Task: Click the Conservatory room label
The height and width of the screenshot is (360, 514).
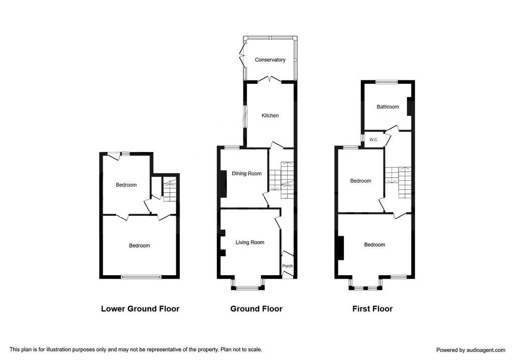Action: pos(270,60)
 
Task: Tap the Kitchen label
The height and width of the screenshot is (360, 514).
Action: pos(270,115)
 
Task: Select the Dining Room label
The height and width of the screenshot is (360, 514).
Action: pos(246,174)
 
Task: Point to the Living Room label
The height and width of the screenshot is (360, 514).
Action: pos(250,243)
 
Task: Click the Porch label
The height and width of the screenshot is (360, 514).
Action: pos(288,266)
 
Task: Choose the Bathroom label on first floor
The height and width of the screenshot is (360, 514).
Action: pos(388,106)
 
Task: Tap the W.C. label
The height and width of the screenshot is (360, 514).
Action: pos(373,140)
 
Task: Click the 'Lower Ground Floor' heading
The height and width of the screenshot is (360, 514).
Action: pos(140,309)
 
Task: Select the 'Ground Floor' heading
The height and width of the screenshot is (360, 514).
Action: pos(256,309)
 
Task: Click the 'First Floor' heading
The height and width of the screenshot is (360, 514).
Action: pos(372,309)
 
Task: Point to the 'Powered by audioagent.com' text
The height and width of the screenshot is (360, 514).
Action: pos(471,350)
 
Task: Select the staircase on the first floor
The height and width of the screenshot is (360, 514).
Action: pos(399,182)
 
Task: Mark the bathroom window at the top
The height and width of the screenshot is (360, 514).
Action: pos(387,82)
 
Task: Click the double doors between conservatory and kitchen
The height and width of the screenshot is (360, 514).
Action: pos(270,79)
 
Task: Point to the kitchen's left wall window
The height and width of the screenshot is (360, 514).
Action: pos(245,116)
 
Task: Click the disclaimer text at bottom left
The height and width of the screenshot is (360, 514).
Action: pos(136,349)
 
